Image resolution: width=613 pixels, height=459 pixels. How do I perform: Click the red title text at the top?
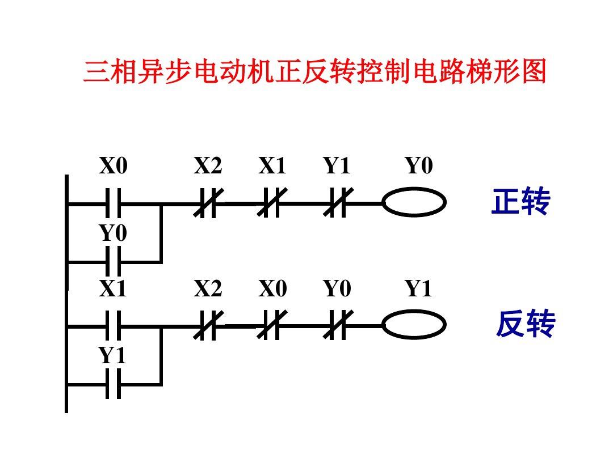tap(315, 73)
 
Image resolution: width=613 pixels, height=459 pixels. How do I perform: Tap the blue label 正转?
tap(520, 202)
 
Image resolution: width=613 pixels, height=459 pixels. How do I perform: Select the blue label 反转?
tap(525, 325)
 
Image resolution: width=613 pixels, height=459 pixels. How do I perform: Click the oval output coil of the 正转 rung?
tap(414, 202)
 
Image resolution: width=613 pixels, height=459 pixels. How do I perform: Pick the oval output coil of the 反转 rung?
tap(414, 325)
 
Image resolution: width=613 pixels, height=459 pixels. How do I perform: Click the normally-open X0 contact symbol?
tap(114, 203)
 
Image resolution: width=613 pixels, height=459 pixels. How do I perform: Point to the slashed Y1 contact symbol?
tap(338, 203)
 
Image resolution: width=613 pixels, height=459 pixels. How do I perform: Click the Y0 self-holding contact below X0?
tap(114, 262)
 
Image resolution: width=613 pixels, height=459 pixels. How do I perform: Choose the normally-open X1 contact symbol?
tap(114, 326)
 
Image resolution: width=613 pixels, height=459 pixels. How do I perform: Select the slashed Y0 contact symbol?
tap(338, 326)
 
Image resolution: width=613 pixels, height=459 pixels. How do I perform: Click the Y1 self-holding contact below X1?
tap(114, 385)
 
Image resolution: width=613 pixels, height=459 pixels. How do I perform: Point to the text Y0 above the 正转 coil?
tap(419, 167)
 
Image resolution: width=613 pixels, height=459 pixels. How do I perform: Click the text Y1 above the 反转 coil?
tap(419, 290)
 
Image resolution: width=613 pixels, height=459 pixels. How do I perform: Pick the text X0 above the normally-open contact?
tap(114, 167)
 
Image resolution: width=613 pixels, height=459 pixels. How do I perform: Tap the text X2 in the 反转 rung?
tap(208, 290)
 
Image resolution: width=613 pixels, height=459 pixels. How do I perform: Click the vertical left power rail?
tap(66, 295)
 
